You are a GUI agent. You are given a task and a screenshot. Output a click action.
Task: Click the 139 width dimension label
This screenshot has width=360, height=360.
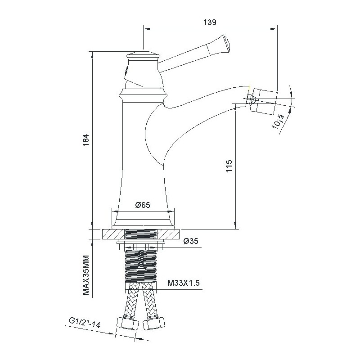click(x=210, y=22)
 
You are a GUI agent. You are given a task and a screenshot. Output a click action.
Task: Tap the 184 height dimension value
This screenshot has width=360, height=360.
click(x=85, y=140)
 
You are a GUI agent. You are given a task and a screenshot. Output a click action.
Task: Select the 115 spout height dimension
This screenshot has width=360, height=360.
click(x=229, y=166)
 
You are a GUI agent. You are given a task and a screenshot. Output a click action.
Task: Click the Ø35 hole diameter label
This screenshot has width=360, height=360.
click(x=191, y=241)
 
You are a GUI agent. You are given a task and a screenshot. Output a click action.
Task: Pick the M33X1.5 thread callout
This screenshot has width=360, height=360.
click(x=183, y=283)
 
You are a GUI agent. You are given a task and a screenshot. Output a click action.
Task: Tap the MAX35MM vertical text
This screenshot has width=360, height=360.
click(x=86, y=275)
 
